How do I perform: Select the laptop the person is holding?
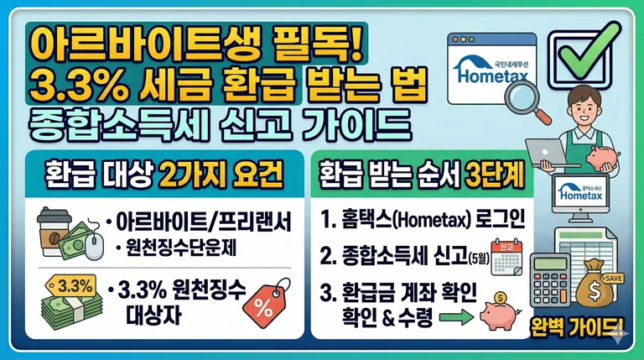coord(550,150)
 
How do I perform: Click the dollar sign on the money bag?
coord(605,288)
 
